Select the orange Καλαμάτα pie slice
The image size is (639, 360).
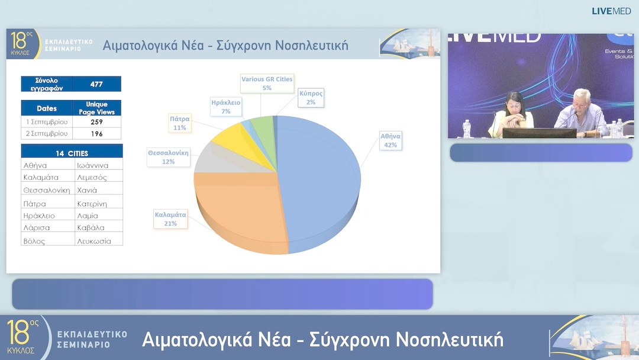[237, 207]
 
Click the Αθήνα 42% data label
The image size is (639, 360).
[390, 140]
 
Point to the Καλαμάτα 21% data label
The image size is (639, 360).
[170, 219]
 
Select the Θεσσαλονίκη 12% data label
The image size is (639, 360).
[169, 157]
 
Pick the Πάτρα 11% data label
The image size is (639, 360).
[180, 123]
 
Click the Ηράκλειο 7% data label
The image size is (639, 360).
[225, 107]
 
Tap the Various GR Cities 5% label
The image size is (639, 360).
[267, 83]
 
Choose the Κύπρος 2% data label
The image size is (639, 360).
[311, 98]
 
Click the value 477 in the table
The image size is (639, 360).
[96, 84]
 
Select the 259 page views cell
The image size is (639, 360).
[96, 121]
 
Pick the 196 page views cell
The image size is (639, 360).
[96, 133]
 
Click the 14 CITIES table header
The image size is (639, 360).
[72, 153]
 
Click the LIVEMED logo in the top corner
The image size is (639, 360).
[611, 11]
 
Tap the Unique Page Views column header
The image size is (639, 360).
[96, 108]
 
